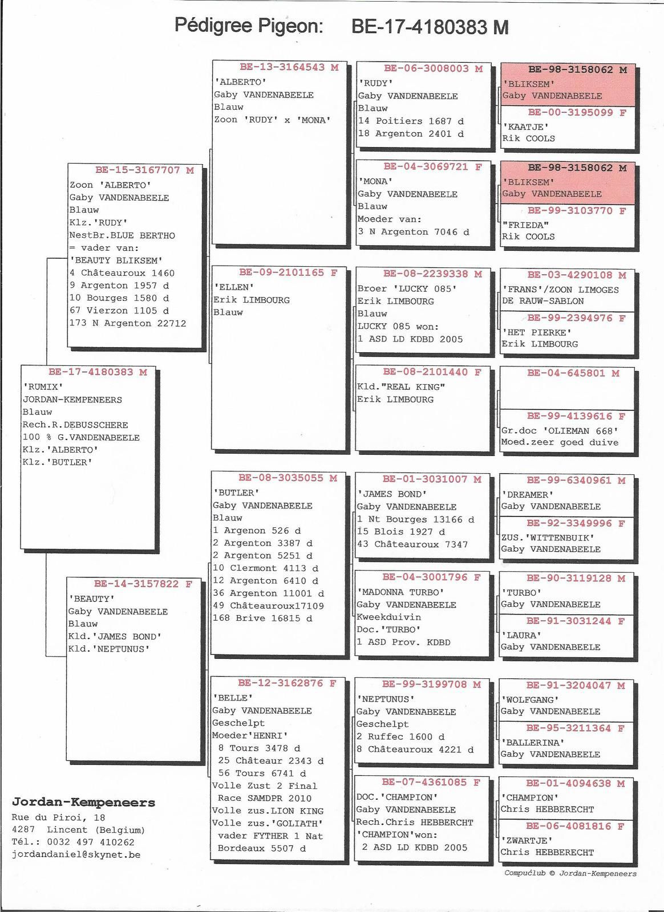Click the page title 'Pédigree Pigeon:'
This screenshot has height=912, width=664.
pyautogui.click(x=249, y=26)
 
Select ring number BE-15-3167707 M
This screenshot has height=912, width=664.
pyautogui.click(x=145, y=170)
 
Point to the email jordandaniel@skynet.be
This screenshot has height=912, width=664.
pyautogui.click(x=76, y=854)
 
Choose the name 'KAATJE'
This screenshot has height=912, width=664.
pyautogui.click(x=525, y=127)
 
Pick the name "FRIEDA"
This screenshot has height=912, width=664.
pyautogui.click(x=525, y=225)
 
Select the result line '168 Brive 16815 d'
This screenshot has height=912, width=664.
pyautogui.click(x=263, y=618)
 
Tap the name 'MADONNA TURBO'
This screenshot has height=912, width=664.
pyautogui.click(x=400, y=592)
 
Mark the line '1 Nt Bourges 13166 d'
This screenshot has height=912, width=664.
pyautogui.click(x=415, y=519)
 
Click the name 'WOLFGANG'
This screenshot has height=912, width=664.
pyautogui.click(x=529, y=700)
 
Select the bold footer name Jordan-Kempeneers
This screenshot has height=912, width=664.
pyautogui.click(x=83, y=802)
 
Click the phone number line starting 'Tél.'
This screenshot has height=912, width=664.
pyautogui.click(x=73, y=842)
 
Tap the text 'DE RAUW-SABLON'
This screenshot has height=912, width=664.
pyautogui.click(x=542, y=301)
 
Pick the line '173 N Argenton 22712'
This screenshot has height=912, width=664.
pyautogui.click(x=128, y=323)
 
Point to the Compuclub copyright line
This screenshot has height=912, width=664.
pyautogui.click(x=570, y=873)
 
